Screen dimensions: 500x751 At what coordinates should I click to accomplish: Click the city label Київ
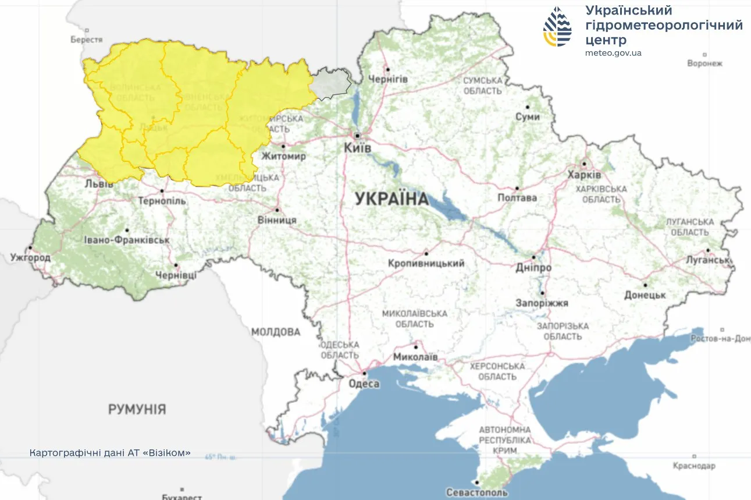pyautogui.click(x=357, y=148)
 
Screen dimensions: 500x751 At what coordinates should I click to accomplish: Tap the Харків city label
pyautogui.click(x=584, y=175)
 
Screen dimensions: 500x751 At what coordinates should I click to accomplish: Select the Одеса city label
pyautogui.click(x=364, y=384)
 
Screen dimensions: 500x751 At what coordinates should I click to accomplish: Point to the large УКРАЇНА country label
pyautogui.click(x=391, y=199)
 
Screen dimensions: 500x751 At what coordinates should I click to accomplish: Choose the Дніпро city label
pyautogui.click(x=533, y=268)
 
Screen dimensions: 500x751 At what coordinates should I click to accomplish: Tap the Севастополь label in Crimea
pyautogui.click(x=477, y=492)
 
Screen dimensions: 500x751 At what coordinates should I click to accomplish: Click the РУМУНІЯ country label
pyautogui.click(x=137, y=409)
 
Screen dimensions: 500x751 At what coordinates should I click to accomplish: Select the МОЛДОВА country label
pyautogui.click(x=276, y=332)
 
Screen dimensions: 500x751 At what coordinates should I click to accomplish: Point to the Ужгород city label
pyautogui.click(x=30, y=257)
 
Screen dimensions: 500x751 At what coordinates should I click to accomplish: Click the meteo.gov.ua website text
pyautogui.click(x=614, y=53)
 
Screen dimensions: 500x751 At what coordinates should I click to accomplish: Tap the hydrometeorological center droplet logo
pyautogui.click(x=557, y=27)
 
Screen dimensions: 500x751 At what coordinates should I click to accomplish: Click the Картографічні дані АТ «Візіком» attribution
pyautogui.click(x=110, y=452)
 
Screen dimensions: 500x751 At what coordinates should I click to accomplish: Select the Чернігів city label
pyautogui.click(x=388, y=79)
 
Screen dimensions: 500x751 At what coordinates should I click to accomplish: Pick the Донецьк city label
pyautogui.click(x=645, y=295)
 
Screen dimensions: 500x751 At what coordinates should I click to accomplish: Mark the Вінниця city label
pyautogui.click(x=277, y=220)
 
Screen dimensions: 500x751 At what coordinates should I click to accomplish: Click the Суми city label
pyautogui.click(x=528, y=117)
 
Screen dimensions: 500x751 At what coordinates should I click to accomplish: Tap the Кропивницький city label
pyautogui.click(x=426, y=264)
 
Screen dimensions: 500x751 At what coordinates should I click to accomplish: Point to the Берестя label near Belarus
pyautogui.click(x=87, y=40)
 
